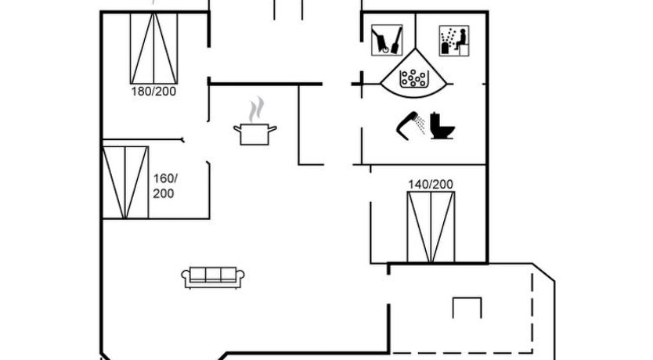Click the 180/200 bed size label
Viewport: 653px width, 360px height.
coord(153,91)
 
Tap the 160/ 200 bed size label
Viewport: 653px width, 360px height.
coord(165,185)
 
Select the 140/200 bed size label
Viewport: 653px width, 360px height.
coord(431,184)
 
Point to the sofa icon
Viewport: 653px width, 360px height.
coord(213,277)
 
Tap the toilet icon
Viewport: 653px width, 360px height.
coord(442,126)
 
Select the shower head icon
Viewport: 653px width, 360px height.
coord(407,126)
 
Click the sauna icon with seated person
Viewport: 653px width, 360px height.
coord(454,41)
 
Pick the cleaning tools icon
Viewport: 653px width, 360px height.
coord(387,40)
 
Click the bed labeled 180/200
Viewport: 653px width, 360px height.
coord(153,48)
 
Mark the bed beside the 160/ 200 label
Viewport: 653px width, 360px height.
coord(125,182)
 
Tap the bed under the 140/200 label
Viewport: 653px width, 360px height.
coord(431,227)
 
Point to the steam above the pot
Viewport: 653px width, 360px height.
coord(257,110)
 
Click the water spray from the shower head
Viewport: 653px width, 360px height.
coord(420,125)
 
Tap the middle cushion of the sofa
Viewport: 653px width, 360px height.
coord(213,274)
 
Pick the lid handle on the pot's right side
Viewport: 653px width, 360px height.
coord(272,129)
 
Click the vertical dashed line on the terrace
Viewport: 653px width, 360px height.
coord(532,313)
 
